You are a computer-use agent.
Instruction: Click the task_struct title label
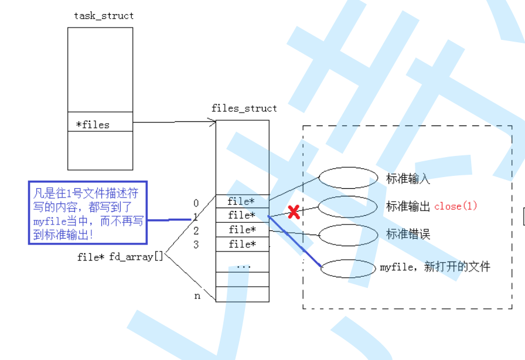[x=104, y=16]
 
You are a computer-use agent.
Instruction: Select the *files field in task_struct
[x=93, y=124]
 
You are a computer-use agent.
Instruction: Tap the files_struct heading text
[x=244, y=108]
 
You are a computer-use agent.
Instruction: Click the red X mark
[x=294, y=212]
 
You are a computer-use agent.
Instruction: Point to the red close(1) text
[x=455, y=206]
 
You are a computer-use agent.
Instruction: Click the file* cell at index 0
[x=241, y=202]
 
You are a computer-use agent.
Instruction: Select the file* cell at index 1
[x=241, y=216]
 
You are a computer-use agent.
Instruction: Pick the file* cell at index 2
[x=241, y=230]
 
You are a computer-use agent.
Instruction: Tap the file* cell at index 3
[x=241, y=244]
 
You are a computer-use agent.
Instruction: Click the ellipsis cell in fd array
[x=243, y=266]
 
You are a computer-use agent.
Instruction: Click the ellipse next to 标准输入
[x=349, y=178]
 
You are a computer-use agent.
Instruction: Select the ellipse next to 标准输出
[x=347, y=206]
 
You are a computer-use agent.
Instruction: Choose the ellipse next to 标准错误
[x=349, y=235]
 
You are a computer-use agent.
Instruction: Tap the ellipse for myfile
[x=349, y=268]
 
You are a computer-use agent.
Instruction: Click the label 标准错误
[x=408, y=235]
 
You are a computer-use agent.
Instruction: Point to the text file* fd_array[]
[x=120, y=257]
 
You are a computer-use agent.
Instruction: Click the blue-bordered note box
[x=87, y=212]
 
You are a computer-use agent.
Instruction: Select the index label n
[x=197, y=296]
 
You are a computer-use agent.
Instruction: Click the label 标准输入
[x=408, y=178]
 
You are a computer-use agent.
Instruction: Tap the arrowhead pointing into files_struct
[x=213, y=122]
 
